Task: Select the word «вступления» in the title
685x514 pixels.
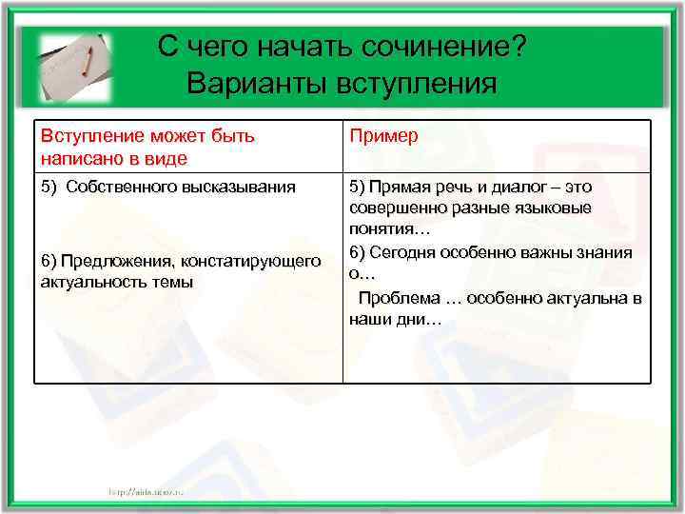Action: tap(416, 83)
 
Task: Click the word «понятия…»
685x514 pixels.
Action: tap(389, 229)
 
